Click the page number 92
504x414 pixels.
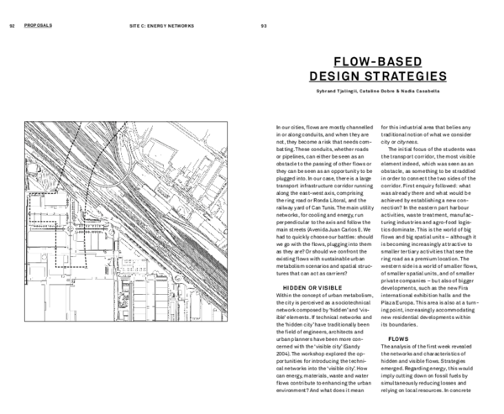13,26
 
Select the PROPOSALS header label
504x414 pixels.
39,26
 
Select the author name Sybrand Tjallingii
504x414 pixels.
326,92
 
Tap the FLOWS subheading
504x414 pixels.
398,339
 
